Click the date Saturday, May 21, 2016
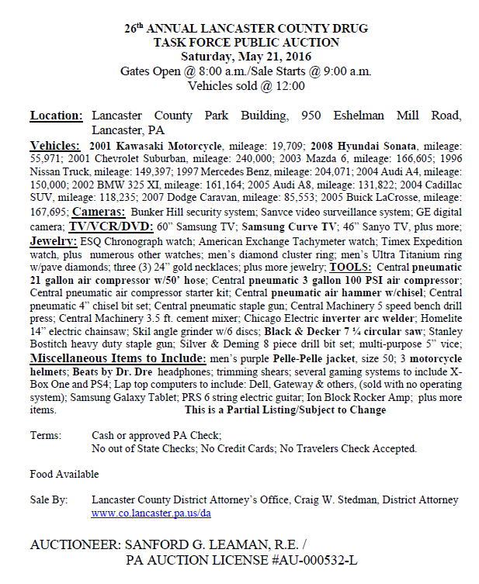[x=245, y=57]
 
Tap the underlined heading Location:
[x=57, y=116]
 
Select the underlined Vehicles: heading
[x=54, y=145]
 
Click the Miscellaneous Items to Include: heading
[x=117, y=359]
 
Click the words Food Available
[x=64, y=474]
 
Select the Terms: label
[x=46, y=436]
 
